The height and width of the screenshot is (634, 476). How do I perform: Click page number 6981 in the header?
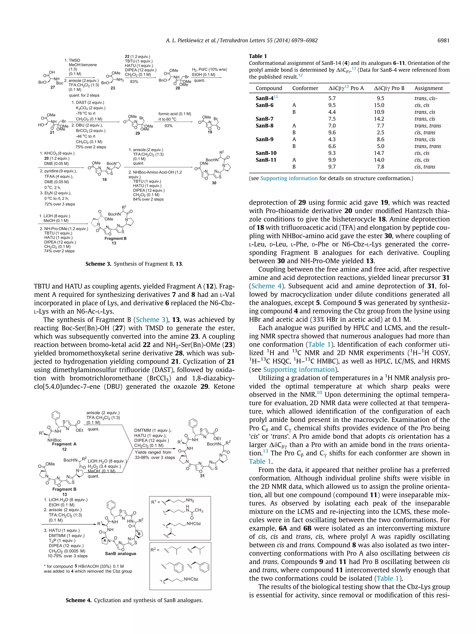coord(443,40)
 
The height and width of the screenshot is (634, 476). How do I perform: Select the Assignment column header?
coord(428,88)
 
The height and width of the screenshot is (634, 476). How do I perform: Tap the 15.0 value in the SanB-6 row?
coord(379,105)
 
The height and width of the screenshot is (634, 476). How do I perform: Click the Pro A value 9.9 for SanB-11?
coord(332,160)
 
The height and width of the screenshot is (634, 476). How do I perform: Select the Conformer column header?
coord(305,88)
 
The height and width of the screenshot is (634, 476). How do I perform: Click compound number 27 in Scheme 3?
coord(53,87)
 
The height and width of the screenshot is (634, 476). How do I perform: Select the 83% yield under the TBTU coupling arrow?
coord(134,82)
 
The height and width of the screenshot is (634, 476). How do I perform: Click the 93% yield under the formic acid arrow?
coord(169,126)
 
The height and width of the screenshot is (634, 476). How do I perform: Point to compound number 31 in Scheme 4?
coord(202,475)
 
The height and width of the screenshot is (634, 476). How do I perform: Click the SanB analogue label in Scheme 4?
coord(120,553)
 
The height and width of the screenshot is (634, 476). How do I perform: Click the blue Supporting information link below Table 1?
coord(289,178)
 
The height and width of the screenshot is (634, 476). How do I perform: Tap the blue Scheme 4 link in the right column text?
coord(263,286)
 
